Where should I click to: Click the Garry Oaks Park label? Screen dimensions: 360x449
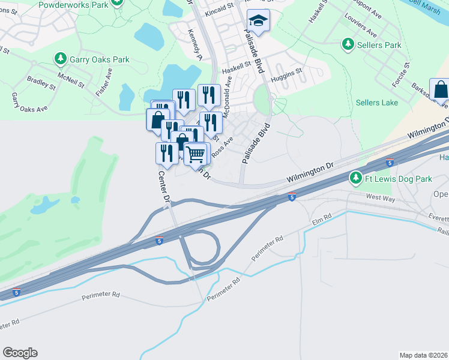click(x=99, y=59)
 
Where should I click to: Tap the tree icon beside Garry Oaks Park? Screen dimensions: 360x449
click(x=60, y=59)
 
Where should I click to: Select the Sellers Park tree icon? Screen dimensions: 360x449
click(x=348, y=44)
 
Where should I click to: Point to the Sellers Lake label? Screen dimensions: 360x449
click(x=376, y=103)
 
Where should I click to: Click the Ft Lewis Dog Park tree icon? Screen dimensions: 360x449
click(x=356, y=178)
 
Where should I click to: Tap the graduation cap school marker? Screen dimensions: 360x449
click(x=259, y=22)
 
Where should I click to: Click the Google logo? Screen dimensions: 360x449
click(x=20, y=353)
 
